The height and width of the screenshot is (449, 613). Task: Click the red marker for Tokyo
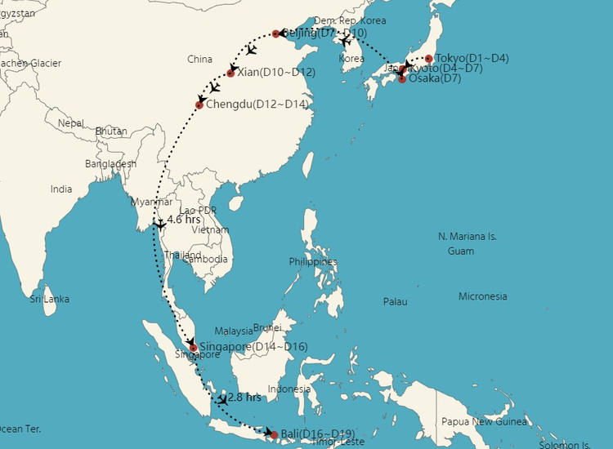(x=428, y=59)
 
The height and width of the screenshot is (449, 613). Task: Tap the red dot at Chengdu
(x=199, y=104)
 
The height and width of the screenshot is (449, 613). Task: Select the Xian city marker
(x=230, y=73)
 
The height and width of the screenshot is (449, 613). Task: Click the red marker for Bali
(x=274, y=434)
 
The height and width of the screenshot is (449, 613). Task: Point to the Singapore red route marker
(x=194, y=348)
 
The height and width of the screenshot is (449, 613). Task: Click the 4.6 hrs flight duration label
(x=184, y=220)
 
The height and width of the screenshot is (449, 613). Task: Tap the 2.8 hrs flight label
(x=244, y=398)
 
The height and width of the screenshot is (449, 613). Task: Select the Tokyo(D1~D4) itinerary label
(x=472, y=59)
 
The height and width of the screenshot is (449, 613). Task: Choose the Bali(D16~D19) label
(x=317, y=434)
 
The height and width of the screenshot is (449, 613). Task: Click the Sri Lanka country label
(x=49, y=299)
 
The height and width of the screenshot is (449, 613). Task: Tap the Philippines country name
(x=312, y=261)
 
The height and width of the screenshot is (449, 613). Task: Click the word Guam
(x=460, y=251)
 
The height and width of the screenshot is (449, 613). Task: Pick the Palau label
(x=395, y=302)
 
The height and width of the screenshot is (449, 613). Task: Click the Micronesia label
(x=482, y=296)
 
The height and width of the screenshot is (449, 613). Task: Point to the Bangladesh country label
(x=110, y=163)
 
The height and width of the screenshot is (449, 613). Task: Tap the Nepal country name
(x=71, y=123)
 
